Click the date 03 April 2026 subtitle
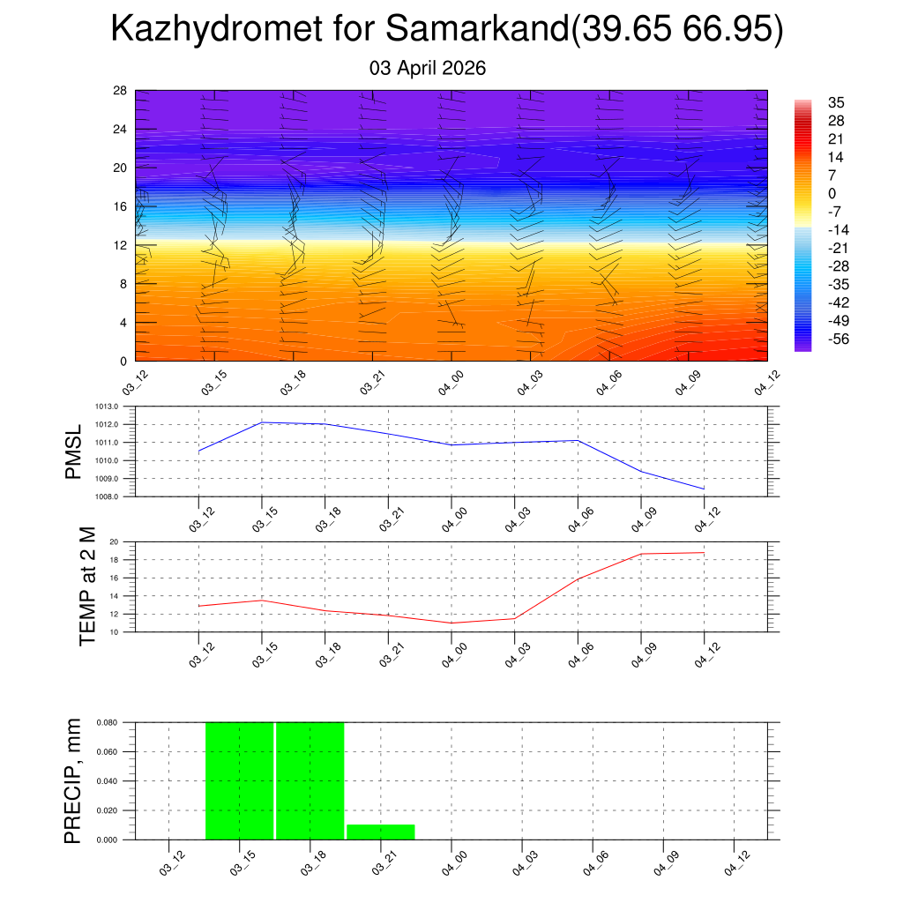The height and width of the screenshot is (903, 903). (x=428, y=68)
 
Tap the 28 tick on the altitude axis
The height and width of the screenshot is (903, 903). (x=121, y=91)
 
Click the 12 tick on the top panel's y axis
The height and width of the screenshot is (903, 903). (x=121, y=245)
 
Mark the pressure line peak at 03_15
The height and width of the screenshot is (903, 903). (x=262, y=422)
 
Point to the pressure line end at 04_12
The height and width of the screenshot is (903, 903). (x=704, y=489)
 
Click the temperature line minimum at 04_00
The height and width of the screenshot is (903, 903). (x=451, y=623)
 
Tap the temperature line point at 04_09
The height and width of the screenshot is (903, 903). (x=641, y=554)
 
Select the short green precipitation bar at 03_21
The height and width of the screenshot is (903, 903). (x=380, y=832)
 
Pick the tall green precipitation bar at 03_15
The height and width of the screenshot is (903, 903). (x=240, y=780)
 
